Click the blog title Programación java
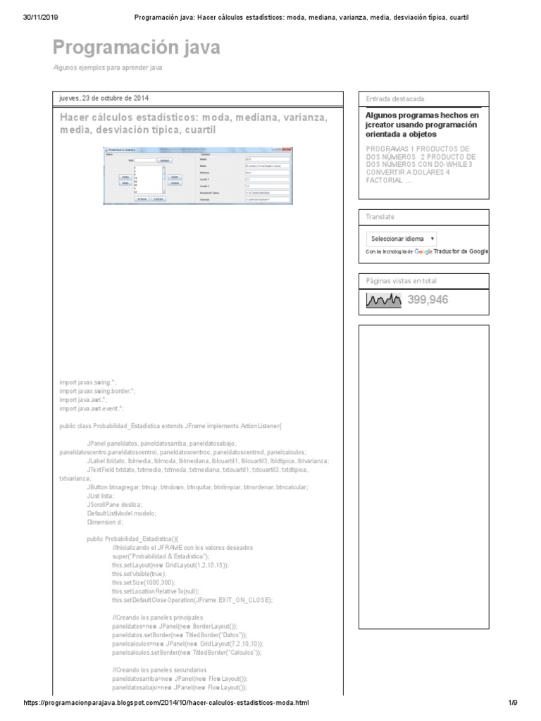pos(137,47)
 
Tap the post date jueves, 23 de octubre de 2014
pos(104,98)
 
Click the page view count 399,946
pos(428,300)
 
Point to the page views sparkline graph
pos(383,301)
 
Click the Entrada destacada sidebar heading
pos(394,99)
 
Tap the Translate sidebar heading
pos(380,217)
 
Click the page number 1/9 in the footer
pos(512,703)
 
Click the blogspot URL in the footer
pos(166,703)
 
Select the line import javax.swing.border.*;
pos(97,390)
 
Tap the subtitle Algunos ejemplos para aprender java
pos(108,68)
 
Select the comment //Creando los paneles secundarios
pos(159,669)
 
